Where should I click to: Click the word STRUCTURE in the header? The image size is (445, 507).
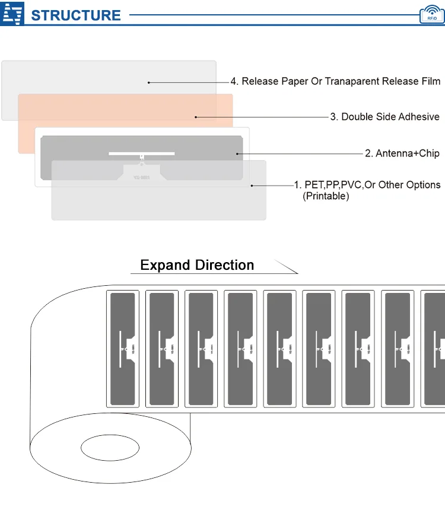pyautogui.click(x=75, y=15)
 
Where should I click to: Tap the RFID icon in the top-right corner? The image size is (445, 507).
pyautogui.click(x=431, y=14)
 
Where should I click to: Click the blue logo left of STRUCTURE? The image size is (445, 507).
pyautogui.click(x=12, y=14)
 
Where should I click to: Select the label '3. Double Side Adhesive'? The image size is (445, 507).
pyautogui.click(x=384, y=117)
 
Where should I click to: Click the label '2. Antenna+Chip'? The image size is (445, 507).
pyautogui.click(x=402, y=154)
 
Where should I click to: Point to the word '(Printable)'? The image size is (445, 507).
pyautogui.click(x=326, y=196)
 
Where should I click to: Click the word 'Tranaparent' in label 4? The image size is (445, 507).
pyautogui.click(x=353, y=81)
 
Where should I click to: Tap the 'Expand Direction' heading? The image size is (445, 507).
pyautogui.click(x=197, y=265)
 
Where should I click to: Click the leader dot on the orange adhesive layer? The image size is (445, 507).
pyautogui.click(x=196, y=117)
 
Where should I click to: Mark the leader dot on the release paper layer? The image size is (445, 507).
pyautogui.click(x=149, y=82)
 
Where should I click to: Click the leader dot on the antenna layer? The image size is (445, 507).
pyautogui.click(x=237, y=154)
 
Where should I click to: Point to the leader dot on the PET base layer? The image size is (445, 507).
pyautogui.click(x=252, y=186)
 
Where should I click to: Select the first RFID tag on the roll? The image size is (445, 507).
pyautogui.click(x=122, y=349)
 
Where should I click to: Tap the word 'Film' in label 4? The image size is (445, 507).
pyautogui.click(x=430, y=81)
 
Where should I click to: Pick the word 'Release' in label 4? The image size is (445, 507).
pyautogui.click(x=259, y=81)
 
